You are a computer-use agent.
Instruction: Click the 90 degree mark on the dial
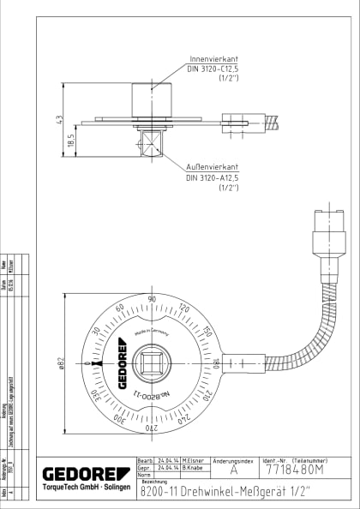pos(152,299)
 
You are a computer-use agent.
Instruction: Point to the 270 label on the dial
pos(152,428)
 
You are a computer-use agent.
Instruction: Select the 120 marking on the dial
pos(184,308)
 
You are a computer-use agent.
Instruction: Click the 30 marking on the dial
pos(96,331)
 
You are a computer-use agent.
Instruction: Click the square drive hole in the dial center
pos(153,363)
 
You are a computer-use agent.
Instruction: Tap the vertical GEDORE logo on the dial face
pos(123,364)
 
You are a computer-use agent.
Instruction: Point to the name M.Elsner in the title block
pos(193,461)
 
